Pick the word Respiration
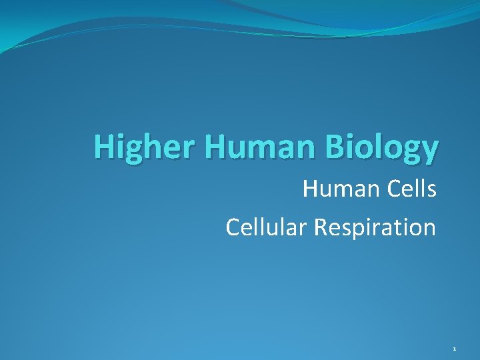(375, 227)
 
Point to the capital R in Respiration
(322, 227)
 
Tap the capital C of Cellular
(234, 227)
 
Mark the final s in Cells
(431, 191)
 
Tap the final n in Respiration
(429, 229)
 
